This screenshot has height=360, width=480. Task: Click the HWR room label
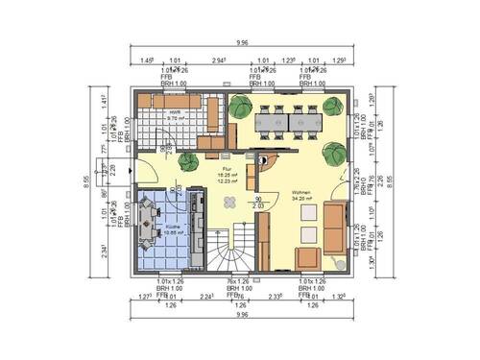(175, 113)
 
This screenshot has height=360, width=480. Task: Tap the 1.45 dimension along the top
(147, 60)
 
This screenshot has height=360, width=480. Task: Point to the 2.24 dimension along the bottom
(205, 297)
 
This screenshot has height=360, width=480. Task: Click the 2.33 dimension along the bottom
(275, 297)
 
